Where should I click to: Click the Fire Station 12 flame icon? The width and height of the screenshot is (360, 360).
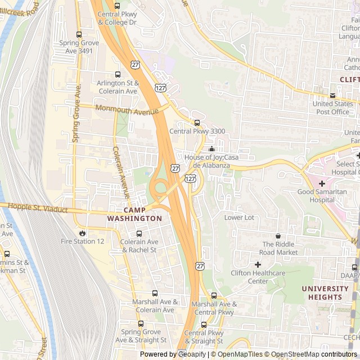tap(83, 233)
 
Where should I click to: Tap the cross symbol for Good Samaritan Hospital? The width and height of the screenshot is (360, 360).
tap(322, 183)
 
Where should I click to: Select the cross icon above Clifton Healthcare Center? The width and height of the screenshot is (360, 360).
tap(258, 264)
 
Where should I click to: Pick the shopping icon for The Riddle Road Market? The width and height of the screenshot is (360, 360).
tap(277, 236)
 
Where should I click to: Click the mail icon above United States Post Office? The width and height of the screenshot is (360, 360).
tap(332, 95)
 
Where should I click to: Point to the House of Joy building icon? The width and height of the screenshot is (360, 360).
tap(211, 149)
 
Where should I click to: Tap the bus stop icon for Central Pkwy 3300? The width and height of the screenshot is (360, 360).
tap(197, 123)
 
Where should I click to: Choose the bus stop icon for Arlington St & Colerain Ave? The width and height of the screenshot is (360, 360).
tap(117, 74)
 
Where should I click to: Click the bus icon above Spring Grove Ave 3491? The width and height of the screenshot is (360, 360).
tap(78, 34)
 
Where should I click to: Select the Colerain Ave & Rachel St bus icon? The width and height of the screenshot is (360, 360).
tap(139, 233)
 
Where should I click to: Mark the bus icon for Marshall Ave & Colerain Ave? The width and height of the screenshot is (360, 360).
tap(155, 293)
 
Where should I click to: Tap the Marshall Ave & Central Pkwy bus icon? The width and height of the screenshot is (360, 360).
tap(213, 295)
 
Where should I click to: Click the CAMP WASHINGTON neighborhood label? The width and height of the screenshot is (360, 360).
tap(134, 214)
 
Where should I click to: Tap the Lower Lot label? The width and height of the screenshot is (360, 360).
tap(239, 218)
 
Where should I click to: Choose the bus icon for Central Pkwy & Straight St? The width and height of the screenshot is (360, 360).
tap(204, 325)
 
